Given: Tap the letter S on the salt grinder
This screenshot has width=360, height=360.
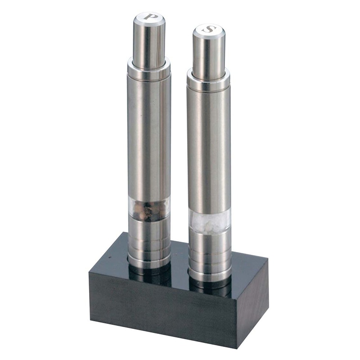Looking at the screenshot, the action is pos(209,29).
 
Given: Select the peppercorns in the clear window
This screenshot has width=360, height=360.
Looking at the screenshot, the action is pos(149,210).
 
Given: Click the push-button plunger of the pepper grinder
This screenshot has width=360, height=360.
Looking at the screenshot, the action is pos(149,41).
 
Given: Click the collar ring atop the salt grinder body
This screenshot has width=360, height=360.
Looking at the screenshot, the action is pos(208,79).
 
